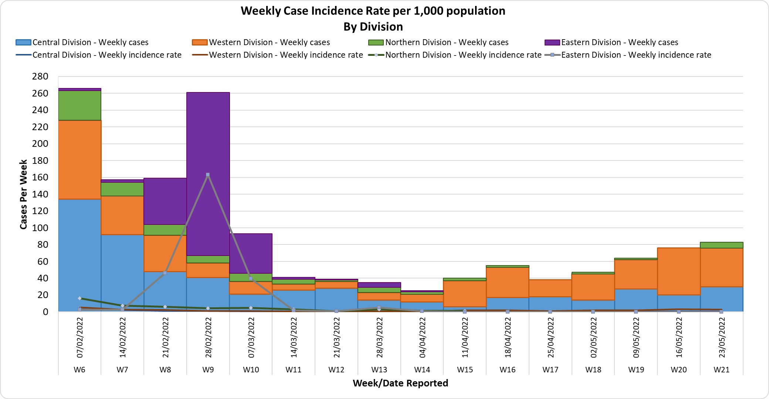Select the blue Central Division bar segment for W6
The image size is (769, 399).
point(79,255)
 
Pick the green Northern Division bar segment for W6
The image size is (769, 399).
point(79,105)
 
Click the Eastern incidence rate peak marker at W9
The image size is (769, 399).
point(208,175)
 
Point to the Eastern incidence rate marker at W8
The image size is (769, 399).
point(165,273)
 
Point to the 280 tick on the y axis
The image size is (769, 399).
point(40,77)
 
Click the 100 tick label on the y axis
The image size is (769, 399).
point(40,228)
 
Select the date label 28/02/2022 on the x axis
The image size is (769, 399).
point(208,338)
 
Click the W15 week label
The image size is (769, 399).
point(465,369)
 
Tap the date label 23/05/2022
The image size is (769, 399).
point(722,338)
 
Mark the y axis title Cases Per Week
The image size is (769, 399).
point(23,194)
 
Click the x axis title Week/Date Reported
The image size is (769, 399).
point(400,383)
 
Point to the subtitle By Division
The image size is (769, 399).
point(373,27)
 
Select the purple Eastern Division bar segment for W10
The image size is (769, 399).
point(251,253)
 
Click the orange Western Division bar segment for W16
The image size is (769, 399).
point(508,282)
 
